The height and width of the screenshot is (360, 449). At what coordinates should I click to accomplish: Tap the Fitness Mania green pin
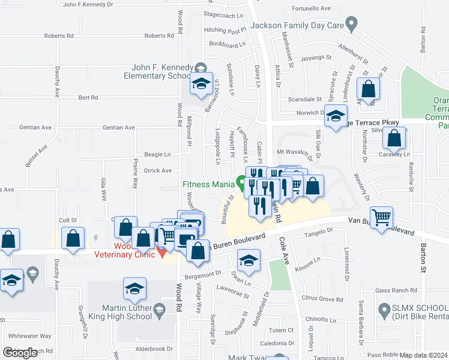pos(241,181)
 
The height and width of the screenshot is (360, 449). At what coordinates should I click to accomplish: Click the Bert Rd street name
pos(88,97)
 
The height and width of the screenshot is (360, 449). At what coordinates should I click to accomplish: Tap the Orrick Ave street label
pos(158,170)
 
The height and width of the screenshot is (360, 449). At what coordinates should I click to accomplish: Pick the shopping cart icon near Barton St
pos(382,218)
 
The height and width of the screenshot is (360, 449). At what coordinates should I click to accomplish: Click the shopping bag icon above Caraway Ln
pos(394,140)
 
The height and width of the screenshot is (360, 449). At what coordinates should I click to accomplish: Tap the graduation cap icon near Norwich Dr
pos(336,115)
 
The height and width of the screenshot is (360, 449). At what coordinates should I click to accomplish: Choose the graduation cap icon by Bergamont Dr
pos(248,261)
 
